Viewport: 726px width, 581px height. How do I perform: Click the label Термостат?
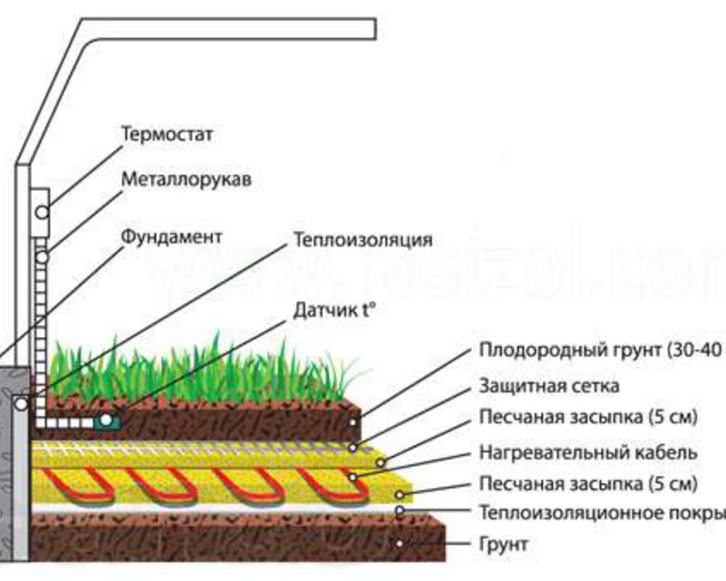pyautogui.click(x=168, y=134)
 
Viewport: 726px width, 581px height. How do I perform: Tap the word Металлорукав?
pyautogui.click(x=187, y=179)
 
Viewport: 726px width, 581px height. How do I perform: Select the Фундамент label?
pyautogui.click(x=171, y=237)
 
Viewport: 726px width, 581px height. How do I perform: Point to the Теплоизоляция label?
pyautogui.click(x=363, y=240)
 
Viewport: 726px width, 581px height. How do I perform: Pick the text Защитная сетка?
pyautogui.click(x=550, y=386)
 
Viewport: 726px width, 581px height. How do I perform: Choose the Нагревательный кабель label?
pyautogui.click(x=588, y=452)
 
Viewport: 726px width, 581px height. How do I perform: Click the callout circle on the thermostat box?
pyautogui.click(x=41, y=212)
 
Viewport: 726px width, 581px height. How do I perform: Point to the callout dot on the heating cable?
pyautogui.click(x=352, y=477)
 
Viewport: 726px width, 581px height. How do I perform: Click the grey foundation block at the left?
pyautogui.click(x=15, y=465)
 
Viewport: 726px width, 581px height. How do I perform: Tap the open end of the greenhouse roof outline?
pyautogui.click(x=373, y=28)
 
